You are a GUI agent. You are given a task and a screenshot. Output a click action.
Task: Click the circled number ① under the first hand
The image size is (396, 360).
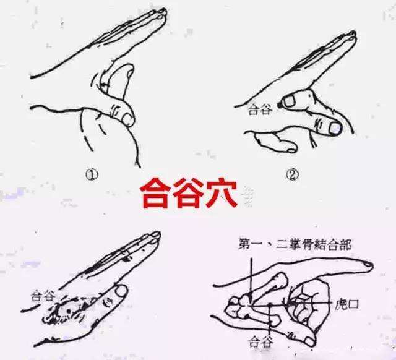92,174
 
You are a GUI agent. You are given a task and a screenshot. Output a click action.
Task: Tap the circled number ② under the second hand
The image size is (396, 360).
293,174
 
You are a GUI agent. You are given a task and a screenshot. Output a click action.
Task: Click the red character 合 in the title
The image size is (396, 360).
154,193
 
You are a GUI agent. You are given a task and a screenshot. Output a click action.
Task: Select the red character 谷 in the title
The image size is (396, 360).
187,193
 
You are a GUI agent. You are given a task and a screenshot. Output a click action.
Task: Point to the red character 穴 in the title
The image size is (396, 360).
222,193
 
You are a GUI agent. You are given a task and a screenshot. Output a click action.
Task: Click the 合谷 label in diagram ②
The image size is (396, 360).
260,110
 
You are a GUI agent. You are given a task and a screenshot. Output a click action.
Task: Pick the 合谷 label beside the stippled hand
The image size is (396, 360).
43,296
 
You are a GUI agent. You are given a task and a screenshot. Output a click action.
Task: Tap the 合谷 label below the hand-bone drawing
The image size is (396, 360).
260,343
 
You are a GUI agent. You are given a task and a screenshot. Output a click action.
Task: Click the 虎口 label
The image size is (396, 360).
346,305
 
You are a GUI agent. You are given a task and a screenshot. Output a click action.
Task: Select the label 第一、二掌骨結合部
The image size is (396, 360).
295,245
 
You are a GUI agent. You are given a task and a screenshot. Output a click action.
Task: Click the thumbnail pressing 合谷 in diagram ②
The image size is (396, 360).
287,101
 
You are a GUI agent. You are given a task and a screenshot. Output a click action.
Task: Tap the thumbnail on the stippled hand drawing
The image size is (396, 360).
121,291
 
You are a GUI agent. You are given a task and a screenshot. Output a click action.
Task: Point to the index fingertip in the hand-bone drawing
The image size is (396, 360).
369,265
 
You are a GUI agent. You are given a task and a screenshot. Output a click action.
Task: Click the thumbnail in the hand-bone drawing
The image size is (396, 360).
309,341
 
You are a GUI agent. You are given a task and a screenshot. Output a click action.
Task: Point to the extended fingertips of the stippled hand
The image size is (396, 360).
155,237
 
